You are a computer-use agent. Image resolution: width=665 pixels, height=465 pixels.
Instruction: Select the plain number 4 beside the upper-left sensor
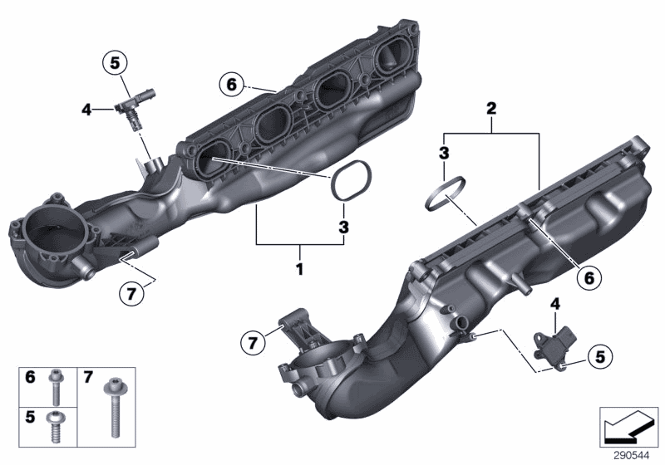point(86,107)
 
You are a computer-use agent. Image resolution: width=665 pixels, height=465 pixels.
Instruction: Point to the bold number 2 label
point(491,109)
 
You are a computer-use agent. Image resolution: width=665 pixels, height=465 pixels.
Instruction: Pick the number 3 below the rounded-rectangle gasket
point(342,227)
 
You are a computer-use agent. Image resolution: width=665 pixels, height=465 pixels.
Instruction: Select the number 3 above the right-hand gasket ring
point(445,153)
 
